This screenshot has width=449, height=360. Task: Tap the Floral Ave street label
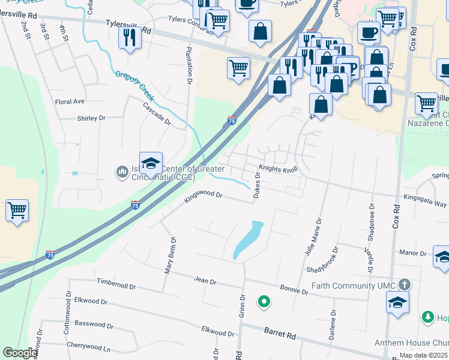point(70,101)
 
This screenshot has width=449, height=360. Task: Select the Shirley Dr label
point(91,118)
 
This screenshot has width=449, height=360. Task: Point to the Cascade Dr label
point(157,114)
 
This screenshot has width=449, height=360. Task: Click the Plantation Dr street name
point(188,66)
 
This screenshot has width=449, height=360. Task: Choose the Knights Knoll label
point(279,169)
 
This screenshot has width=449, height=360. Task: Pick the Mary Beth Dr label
point(170,255)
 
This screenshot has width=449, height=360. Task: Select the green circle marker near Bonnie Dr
point(263,302)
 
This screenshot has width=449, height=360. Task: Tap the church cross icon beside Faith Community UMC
point(405,285)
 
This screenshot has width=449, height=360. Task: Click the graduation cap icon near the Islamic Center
point(151,163)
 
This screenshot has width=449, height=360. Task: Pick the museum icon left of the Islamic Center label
point(122,173)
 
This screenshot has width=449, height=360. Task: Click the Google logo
point(20,353)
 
